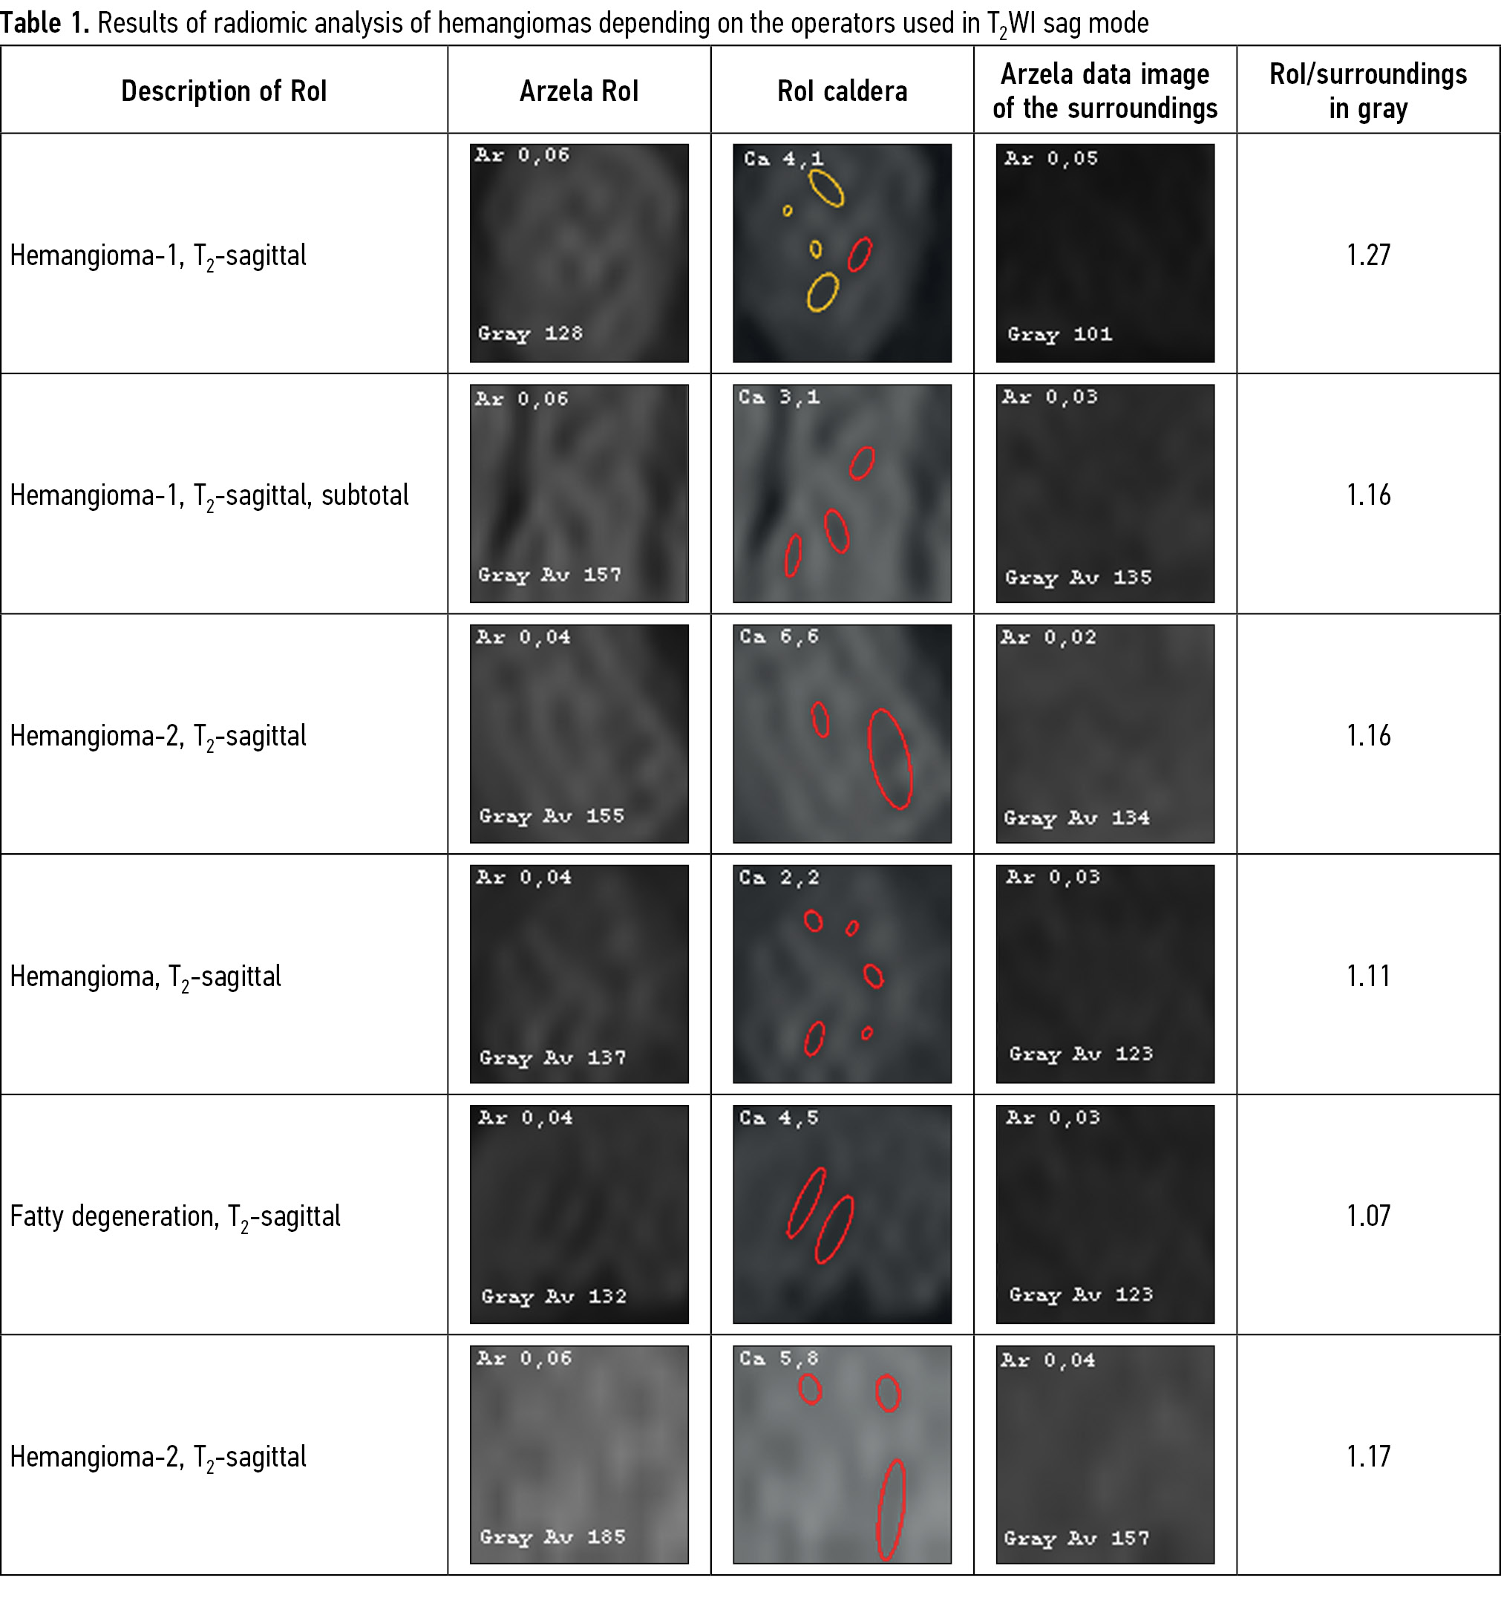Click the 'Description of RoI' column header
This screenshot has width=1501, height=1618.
[223, 91]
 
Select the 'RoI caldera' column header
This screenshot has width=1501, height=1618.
[843, 91]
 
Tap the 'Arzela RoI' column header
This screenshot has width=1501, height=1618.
[579, 91]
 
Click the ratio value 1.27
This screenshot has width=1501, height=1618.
[1369, 255]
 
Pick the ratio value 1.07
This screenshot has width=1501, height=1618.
[1369, 1216]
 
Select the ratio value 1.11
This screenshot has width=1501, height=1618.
[1369, 976]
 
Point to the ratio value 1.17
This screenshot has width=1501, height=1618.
[1369, 1456]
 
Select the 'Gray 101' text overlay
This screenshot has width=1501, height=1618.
[1060, 335]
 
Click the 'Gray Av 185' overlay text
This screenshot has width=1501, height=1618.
[553, 1537]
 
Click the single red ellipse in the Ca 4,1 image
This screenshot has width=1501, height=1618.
[860, 254]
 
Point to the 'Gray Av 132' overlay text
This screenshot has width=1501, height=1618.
[554, 1296]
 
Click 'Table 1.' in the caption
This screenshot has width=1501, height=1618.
[45, 23]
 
